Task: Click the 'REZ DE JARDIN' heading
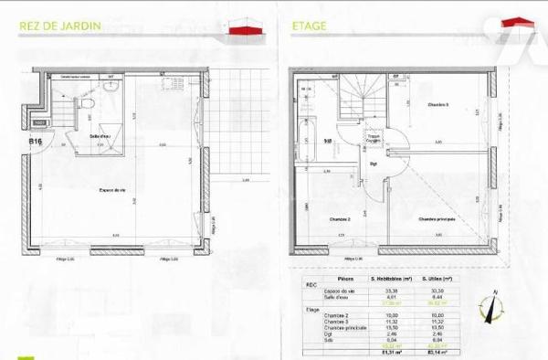click(61, 26)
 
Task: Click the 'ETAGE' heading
click(309, 26)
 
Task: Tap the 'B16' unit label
click(37, 142)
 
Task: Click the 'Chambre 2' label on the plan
click(341, 220)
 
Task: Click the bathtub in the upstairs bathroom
click(307, 128)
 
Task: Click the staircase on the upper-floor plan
click(359, 96)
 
